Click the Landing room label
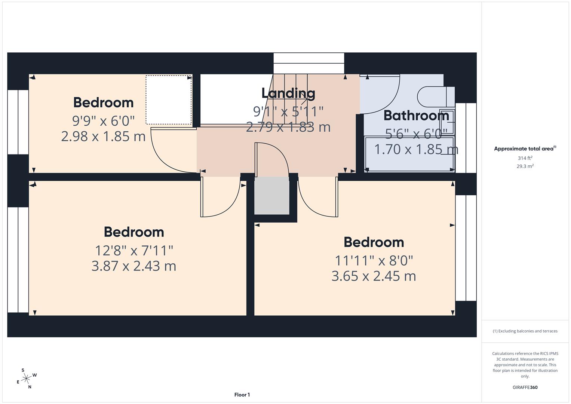[x=288, y=93]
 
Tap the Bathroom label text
[x=416, y=116]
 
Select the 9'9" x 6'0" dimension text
[x=103, y=120]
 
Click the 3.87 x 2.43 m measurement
[x=133, y=266]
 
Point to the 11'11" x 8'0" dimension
[x=374, y=260]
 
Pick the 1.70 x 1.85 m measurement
[x=416, y=149]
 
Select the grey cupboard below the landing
[x=272, y=196]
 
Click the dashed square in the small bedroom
[x=168, y=100]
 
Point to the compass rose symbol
[x=26, y=379]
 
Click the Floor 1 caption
[x=242, y=395]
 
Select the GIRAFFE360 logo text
[x=525, y=387]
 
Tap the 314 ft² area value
[x=525, y=158]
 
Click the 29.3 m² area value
[x=525, y=166]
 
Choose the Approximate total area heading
[x=525, y=149]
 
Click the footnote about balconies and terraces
[x=525, y=331]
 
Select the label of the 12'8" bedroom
[x=133, y=232]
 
